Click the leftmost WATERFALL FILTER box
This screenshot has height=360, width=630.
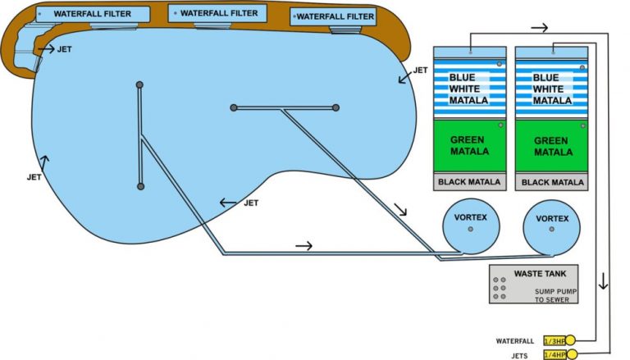tap(93, 15)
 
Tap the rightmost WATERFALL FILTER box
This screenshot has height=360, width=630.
tap(333, 16)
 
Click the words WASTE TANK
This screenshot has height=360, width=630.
tap(533, 273)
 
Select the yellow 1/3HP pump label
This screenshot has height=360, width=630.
tap(554, 340)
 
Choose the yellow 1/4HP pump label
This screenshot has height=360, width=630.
tap(554, 353)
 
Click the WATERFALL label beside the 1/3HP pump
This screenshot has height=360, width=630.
tap(515, 340)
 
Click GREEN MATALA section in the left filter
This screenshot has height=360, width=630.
tap(469, 145)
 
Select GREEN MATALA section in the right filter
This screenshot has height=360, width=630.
tap(552, 145)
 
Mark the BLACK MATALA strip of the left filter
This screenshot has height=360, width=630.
tap(469, 182)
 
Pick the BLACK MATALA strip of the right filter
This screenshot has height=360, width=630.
tap(552, 182)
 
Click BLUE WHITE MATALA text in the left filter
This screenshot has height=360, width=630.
tap(468, 89)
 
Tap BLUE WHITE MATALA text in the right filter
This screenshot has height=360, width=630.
tap(551, 89)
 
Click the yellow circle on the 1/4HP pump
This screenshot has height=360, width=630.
tap(571, 353)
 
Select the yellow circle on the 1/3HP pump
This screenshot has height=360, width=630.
tap(571, 340)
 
